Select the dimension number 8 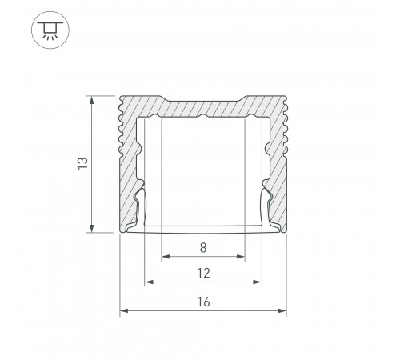pos(203,247)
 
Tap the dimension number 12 pos(203,273)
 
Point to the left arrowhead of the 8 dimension pos(165,258)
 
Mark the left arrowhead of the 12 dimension pos(147,282)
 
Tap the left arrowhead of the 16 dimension pos(123,310)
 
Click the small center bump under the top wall pos(203,118)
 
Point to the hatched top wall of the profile pos(203,106)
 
